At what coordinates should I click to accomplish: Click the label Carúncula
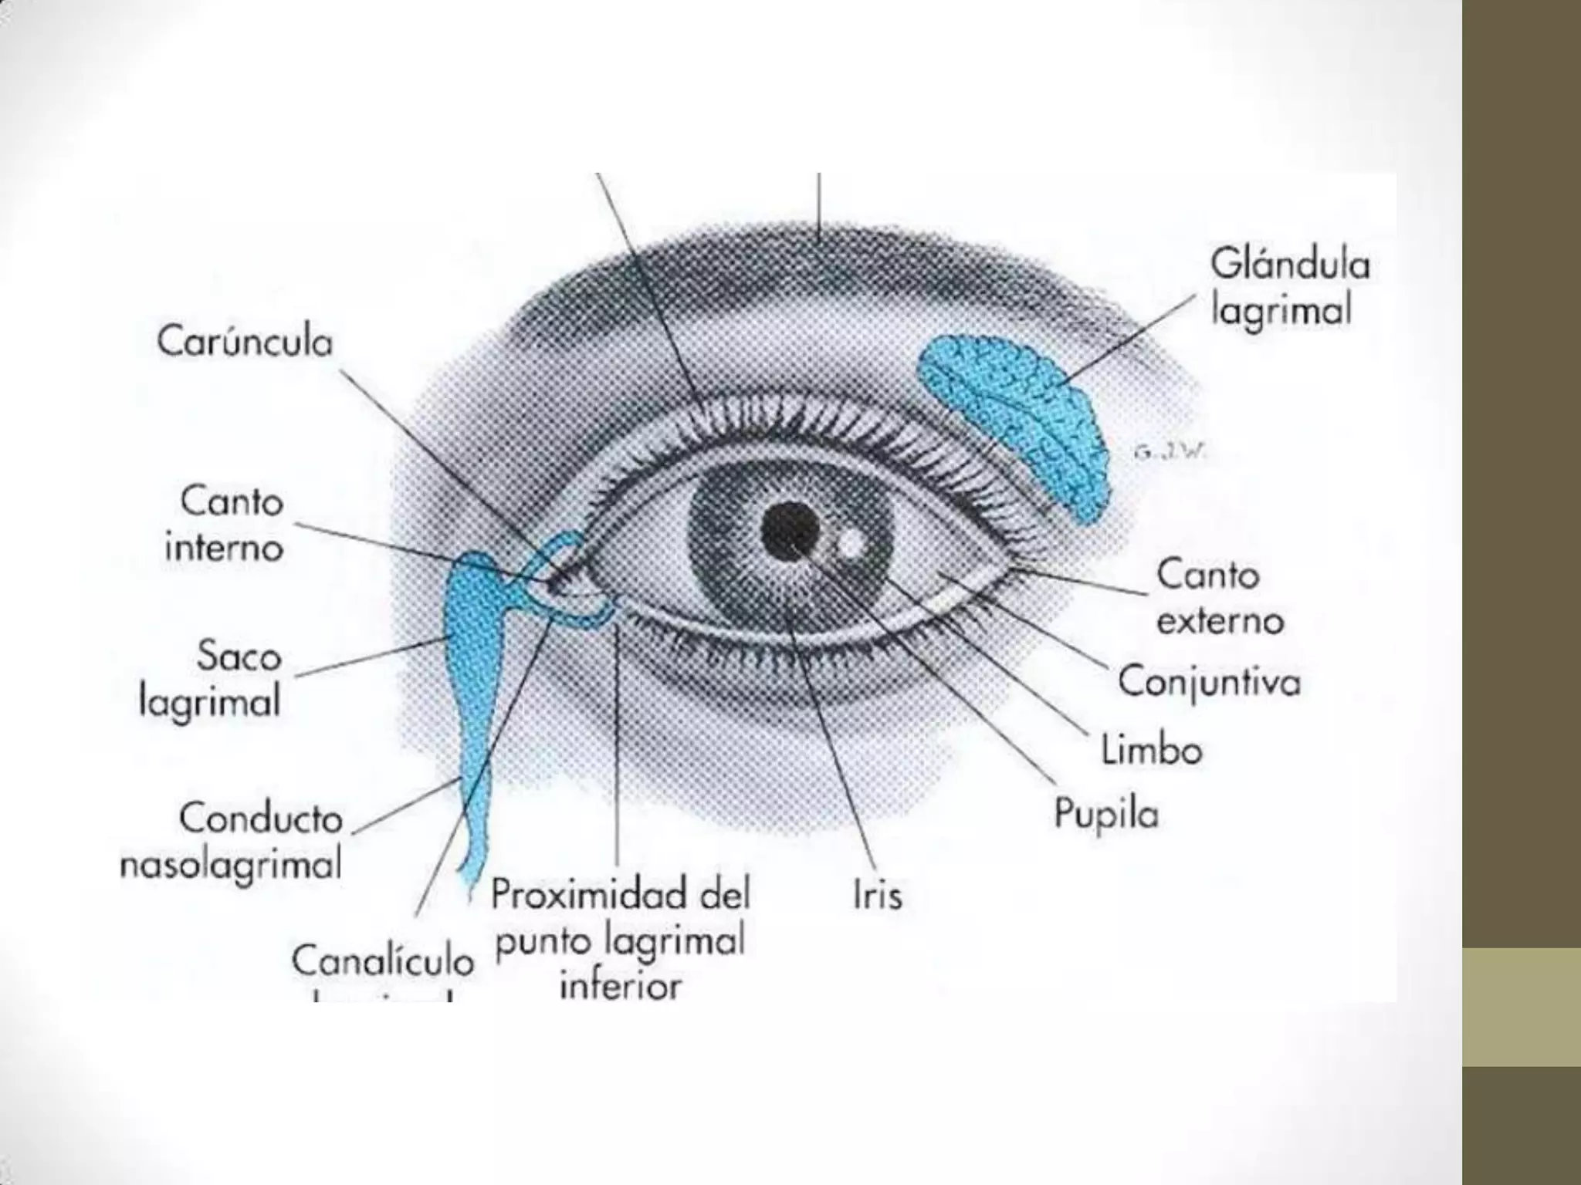click(245, 343)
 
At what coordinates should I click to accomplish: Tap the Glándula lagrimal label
click(1289, 287)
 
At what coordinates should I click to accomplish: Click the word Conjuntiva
click(1209, 682)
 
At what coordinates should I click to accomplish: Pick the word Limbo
click(1151, 750)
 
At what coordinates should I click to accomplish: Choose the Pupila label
click(1106, 814)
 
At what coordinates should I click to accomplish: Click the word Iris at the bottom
click(878, 896)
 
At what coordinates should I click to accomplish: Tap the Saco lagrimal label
click(210, 680)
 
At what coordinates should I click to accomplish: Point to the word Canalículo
click(382, 961)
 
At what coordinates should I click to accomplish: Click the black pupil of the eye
click(789, 530)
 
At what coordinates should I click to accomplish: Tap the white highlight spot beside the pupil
click(849, 542)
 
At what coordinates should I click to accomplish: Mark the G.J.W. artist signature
click(1169, 454)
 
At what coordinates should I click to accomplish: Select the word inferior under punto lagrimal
click(621, 986)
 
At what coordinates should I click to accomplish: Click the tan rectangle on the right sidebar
click(1522, 1007)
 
